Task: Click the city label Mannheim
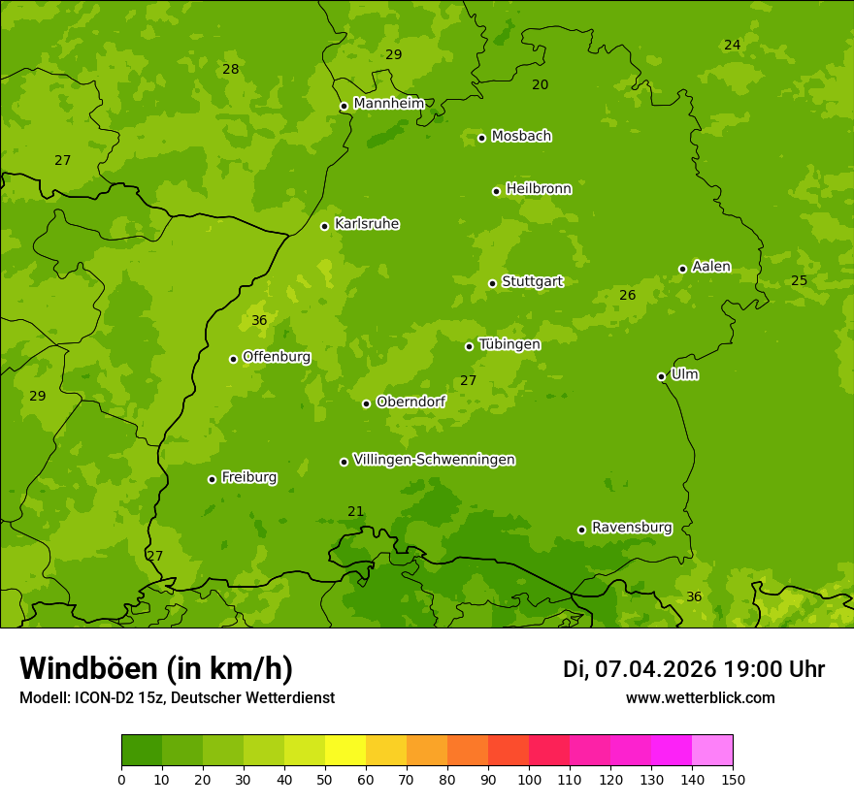388,103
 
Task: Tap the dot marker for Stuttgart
492,283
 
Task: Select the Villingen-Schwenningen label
434,460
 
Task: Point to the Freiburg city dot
212,479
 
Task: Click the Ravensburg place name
631,528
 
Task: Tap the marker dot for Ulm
661,376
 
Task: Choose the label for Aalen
710,267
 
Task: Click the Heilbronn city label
538,189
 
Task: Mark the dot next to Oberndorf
366,403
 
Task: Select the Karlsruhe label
366,224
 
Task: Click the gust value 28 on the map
230,69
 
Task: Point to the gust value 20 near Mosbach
540,84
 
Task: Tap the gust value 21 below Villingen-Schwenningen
355,511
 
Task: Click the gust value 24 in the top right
732,45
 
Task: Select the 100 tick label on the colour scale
529,779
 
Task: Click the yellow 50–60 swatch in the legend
345,751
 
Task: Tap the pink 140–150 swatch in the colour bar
712,751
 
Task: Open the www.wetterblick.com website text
700,697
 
